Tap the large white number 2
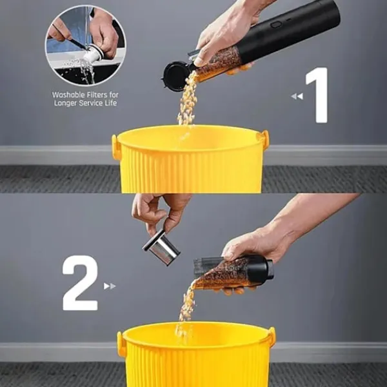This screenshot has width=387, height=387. (80, 283)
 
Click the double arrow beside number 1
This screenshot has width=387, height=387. (297, 96)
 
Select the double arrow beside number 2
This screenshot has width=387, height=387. (110, 286)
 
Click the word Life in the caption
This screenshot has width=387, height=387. (111, 103)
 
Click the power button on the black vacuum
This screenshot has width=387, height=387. (276, 25)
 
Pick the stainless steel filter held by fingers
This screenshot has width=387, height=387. (161, 247)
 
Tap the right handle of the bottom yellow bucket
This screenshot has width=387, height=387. (272, 336)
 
